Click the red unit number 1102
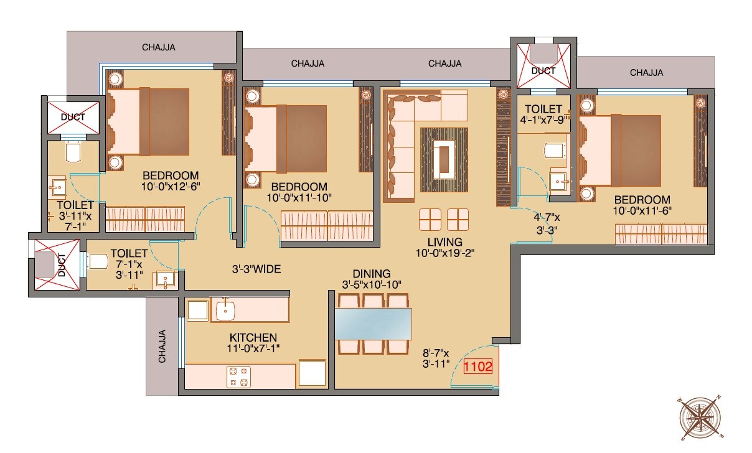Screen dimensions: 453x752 click(478, 367)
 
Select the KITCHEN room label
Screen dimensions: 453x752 click(252, 338)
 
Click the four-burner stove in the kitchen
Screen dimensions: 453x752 click(238, 375)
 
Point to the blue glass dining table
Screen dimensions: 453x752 click(374, 324)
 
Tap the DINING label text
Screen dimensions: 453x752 click(371, 274)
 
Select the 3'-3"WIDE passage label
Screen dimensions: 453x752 click(256, 269)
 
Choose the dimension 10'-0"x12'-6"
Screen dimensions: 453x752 click(170, 186)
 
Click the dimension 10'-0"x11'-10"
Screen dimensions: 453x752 click(299, 198)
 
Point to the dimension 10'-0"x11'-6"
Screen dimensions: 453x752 click(642, 211)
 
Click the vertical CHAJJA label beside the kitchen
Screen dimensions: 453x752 click(162, 346)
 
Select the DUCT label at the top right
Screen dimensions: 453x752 click(543, 71)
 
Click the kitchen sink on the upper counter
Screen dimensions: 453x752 click(224, 308)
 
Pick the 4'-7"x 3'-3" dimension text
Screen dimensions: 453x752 click(546, 223)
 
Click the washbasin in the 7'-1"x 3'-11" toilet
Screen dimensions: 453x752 click(166, 280)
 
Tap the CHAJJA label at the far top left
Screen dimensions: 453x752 click(159, 47)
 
